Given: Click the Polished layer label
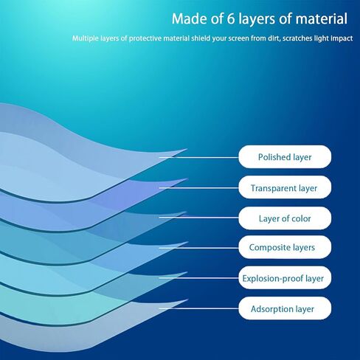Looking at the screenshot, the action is (285, 157).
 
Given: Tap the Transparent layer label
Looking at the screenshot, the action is (285, 187).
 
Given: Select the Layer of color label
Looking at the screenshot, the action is (285, 218).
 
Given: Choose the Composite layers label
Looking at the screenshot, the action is (285, 247).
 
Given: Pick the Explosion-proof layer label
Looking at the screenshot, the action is (285, 278).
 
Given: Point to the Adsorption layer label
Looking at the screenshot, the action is (285, 308).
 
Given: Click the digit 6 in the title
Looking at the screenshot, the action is (231, 18).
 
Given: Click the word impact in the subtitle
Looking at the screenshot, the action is (342, 38).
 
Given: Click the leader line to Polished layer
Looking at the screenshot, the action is (198, 157).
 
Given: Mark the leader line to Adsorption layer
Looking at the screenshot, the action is (198, 308).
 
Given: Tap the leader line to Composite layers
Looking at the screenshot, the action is (198, 248).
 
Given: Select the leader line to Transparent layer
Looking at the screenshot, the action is (198, 188).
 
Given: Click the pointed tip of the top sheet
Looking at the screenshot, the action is (187, 149).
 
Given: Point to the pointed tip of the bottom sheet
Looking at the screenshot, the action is (188, 300).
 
